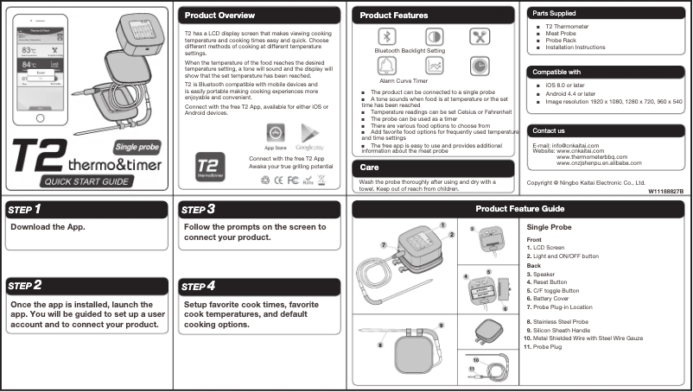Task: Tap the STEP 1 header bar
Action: (87, 209)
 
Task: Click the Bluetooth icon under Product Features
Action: (389, 36)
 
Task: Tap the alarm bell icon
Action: (389, 66)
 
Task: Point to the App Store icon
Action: (275, 134)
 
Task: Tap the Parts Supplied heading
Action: (554, 14)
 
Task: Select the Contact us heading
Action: (550, 130)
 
